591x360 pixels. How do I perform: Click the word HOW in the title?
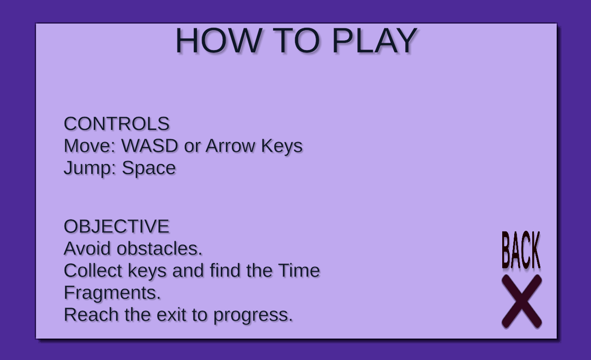click(x=219, y=41)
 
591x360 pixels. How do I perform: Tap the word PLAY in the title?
click(x=375, y=41)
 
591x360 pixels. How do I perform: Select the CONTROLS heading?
click(x=117, y=124)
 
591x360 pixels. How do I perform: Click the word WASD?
click(x=150, y=146)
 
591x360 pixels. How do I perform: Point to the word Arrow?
click(x=230, y=146)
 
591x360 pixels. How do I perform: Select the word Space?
click(x=148, y=168)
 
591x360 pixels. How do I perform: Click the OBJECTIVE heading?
click(x=117, y=226)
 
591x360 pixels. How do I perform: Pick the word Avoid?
click(x=87, y=249)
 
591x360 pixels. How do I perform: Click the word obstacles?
click(x=160, y=249)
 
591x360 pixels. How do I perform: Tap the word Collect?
click(x=93, y=270)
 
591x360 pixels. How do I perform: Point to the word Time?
click(x=299, y=270)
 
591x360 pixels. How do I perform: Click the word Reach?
click(x=91, y=315)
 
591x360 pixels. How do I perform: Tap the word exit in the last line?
click(x=171, y=315)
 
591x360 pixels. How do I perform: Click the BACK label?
click(x=521, y=250)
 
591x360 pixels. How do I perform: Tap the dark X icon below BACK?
click(x=522, y=301)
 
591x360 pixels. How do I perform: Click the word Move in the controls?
click(x=90, y=146)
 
